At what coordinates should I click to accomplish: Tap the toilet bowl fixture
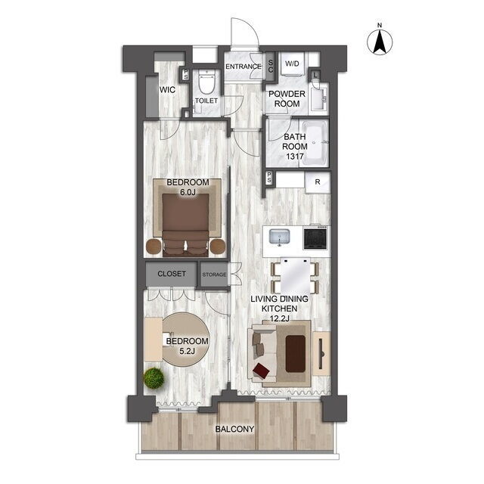click(206, 82)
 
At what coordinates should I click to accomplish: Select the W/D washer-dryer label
click(292, 64)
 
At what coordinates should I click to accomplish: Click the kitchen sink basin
click(280, 237)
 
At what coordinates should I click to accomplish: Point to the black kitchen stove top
click(315, 237)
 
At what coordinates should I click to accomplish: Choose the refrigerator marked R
click(318, 182)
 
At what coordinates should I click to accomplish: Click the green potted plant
click(154, 378)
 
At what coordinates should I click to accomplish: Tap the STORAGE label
click(214, 275)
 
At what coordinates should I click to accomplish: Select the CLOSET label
click(172, 274)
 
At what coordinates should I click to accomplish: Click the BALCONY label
click(235, 429)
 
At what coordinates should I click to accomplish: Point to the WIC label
click(167, 90)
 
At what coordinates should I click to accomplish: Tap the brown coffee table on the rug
click(296, 354)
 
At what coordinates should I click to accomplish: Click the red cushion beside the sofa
click(261, 370)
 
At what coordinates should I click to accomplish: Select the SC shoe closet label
click(271, 67)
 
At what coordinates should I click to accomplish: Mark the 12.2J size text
click(280, 318)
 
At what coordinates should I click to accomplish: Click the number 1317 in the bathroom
click(295, 157)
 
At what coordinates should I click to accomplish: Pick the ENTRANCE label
click(244, 67)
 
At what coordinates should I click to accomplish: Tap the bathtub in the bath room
click(315, 143)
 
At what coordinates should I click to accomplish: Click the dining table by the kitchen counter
click(295, 275)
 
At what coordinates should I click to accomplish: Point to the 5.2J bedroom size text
click(187, 351)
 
